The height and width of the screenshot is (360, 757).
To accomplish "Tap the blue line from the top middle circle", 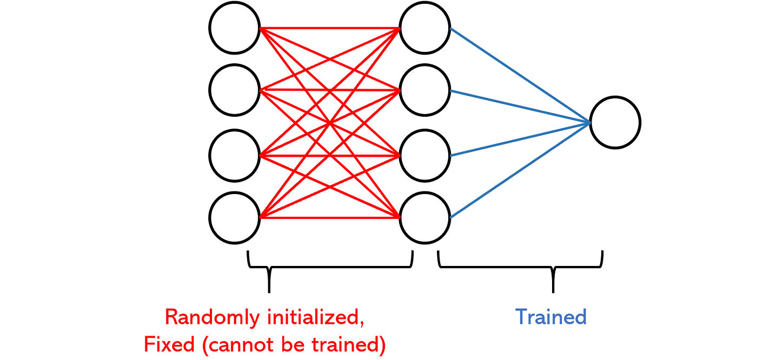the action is coord(520,75).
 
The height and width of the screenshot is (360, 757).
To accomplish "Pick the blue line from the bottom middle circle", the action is coord(520,170).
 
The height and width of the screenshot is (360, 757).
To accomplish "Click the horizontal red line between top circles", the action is coord(330,28).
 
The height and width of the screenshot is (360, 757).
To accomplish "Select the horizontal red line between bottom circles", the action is coord(330,218).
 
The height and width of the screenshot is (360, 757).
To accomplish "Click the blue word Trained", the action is coord(551,317).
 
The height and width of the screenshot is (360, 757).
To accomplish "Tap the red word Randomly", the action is coord(212,318).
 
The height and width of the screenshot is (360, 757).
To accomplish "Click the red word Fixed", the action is coord(169,344).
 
